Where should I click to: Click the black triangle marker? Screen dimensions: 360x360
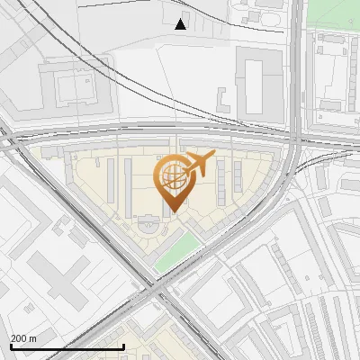tap(181, 24)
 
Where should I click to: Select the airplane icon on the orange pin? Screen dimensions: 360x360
tap(200, 165)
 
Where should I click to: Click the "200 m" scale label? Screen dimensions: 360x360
tap(23, 338)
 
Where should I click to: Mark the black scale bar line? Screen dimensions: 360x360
tap(67, 346)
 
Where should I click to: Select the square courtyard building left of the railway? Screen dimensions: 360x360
tap(72, 87)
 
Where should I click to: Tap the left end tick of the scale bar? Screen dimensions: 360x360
tap(10, 346)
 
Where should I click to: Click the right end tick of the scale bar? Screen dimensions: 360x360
tap(123, 346)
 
